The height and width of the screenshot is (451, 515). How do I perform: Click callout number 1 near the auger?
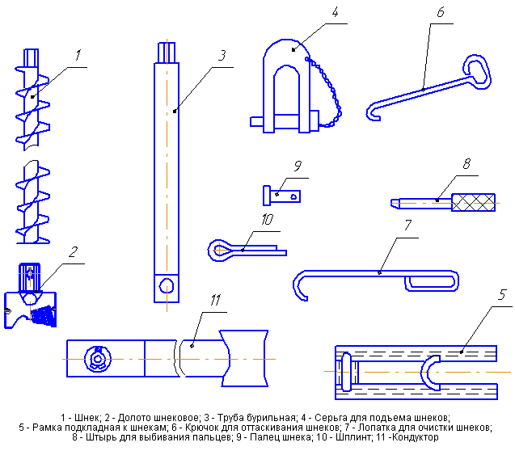[x=78, y=56]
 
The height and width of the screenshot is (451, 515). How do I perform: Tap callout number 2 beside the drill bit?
[x=73, y=252]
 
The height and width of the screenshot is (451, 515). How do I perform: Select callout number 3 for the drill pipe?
[x=221, y=57]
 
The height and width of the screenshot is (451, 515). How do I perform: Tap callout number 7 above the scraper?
[x=409, y=224]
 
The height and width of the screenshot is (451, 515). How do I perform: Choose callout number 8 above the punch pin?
[x=466, y=163]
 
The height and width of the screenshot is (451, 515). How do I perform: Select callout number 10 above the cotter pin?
[x=268, y=219]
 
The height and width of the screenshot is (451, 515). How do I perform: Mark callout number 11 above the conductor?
[x=215, y=301]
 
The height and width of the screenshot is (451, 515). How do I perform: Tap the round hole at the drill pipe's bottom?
[x=167, y=285]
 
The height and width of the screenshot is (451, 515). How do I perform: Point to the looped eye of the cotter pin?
[x=219, y=250]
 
